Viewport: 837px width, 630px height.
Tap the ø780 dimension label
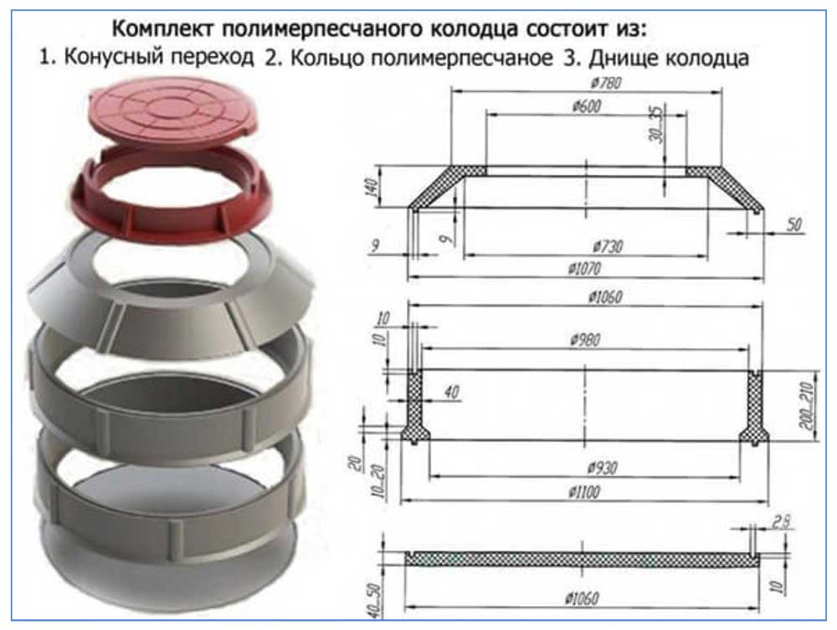point(607,83)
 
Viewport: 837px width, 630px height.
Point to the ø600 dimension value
point(587,106)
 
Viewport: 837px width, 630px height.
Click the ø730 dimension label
point(608,247)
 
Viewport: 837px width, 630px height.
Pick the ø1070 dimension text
point(585,269)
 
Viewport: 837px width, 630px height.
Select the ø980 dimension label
point(586,340)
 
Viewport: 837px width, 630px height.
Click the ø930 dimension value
point(602,468)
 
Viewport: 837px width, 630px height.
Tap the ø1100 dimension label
point(584,491)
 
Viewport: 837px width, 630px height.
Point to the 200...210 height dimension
point(809,405)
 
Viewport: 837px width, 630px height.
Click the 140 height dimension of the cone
point(372,187)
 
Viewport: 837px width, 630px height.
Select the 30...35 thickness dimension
point(657,125)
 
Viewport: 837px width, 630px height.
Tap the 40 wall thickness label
point(451,392)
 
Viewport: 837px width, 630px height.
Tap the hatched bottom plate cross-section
point(583,559)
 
